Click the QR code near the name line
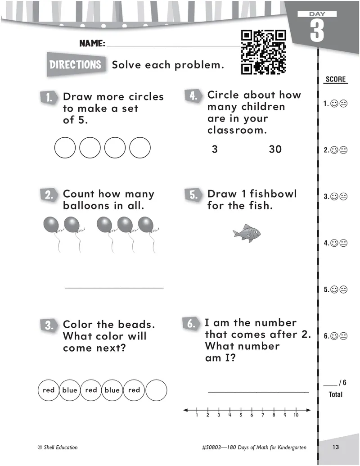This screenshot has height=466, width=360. pyautogui.click(x=264, y=52)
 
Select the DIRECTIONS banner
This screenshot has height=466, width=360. pyautogui.click(x=75, y=64)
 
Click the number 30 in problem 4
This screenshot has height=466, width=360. pyautogui.click(x=275, y=149)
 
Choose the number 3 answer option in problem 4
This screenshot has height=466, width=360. pyautogui.click(x=215, y=149)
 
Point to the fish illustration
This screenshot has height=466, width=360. pyautogui.click(x=247, y=233)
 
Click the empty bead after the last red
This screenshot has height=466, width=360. pyautogui.click(x=157, y=390)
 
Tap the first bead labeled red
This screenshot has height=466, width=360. pyautogui.click(x=48, y=390)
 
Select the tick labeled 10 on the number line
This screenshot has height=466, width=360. pyautogui.click(x=296, y=410)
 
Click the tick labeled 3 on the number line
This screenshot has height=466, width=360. pyautogui.click(x=219, y=410)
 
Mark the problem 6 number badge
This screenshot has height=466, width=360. pyautogui.click(x=191, y=324)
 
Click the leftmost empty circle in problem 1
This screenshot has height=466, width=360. pyautogui.click(x=65, y=148)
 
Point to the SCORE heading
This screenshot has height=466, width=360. pyautogui.click(x=335, y=80)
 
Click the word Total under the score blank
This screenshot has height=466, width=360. pyautogui.click(x=335, y=394)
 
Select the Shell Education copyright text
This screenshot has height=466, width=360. pyautogui.click(x=58, y=447)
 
